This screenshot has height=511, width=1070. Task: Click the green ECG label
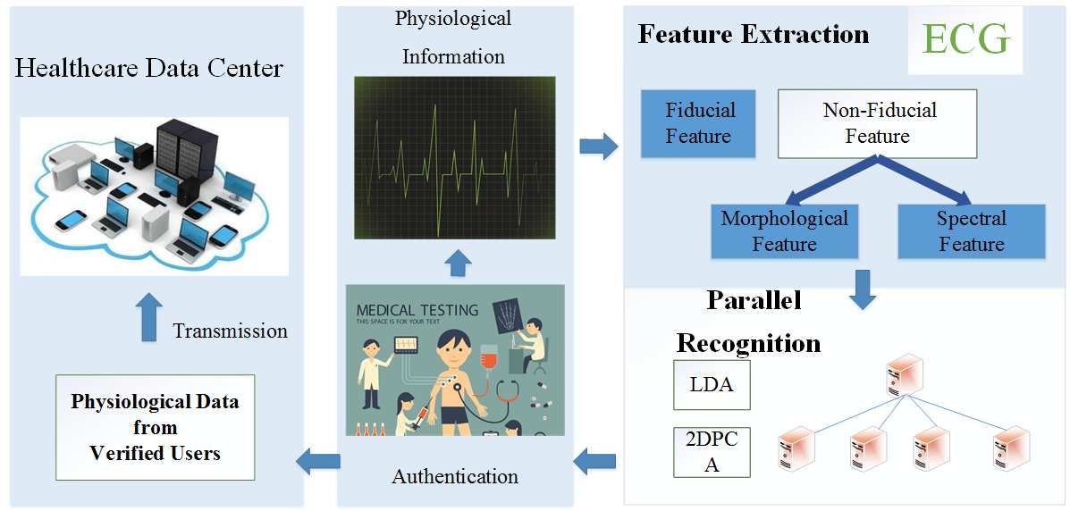coord(966,39)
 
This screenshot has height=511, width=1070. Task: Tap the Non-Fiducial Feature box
coord(878,123)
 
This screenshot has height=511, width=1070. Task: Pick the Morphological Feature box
coord(785,231)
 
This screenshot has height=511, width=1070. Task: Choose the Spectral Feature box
coord(971,231)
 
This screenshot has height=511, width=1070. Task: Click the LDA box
coord(712,385)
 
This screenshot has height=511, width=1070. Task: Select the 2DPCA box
coord(712,452)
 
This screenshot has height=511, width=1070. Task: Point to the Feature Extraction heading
coord(753,35)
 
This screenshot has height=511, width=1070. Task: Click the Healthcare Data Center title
coord(149,68)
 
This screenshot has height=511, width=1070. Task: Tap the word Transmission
coord(231,331)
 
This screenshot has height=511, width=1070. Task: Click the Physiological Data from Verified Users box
coord(155,427)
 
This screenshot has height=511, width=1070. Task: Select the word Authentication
coord(455,476)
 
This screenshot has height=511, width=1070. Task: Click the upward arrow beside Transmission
coord(150,316)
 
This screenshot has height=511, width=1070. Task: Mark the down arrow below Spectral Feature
coord(863,289)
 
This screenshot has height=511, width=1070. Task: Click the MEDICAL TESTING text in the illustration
coord(417,311)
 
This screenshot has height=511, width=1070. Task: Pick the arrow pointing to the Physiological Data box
coord(317,461)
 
